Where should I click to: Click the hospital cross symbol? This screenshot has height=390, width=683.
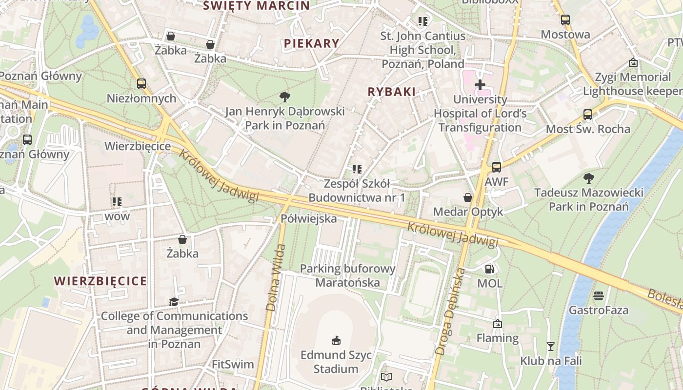point(480,84)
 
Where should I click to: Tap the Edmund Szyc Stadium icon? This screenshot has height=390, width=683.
point(336,340)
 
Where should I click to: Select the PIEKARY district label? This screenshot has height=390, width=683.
point(311,43)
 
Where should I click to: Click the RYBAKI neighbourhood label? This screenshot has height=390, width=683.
point(392,92)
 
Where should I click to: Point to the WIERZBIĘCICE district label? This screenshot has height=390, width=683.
point(100,281)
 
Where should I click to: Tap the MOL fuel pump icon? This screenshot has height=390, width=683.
point(489,269)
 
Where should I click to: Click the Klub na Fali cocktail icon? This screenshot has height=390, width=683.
point(551,347)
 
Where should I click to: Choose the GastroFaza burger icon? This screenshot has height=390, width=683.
point(599,295)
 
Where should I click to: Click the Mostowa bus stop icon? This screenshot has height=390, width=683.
point(565,20)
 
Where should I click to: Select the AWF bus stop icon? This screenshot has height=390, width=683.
point(497,167)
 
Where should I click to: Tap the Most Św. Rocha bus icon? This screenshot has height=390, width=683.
point(588,115)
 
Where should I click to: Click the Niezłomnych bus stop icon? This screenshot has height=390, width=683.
point(141,84)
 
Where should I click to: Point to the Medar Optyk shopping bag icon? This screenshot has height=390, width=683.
point(468,197)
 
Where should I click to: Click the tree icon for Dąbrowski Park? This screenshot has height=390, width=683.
point(284,97)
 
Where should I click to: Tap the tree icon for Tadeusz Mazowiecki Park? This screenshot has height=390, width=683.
point(589,178)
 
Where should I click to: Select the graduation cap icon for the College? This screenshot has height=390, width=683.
point(174,302)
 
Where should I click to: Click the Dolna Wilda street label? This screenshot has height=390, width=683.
point(275,278)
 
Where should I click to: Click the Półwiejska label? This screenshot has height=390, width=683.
point(309,218)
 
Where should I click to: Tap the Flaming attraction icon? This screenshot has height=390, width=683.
point(498,323)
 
